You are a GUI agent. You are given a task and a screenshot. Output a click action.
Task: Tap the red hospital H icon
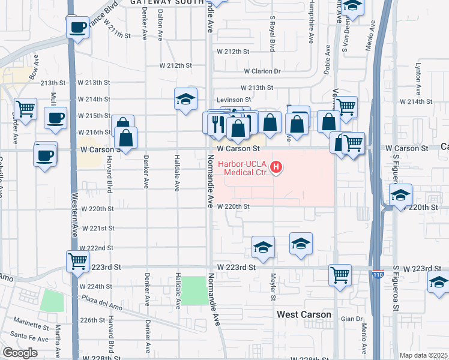tap(276, 167)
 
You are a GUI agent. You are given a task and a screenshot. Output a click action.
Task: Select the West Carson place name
tap(304, 314)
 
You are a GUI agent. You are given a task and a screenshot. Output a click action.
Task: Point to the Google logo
tap(20, 353)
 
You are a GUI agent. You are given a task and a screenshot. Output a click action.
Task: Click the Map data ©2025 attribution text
tap(423, 355)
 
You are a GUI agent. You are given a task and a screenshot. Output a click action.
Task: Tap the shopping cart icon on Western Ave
tap(77, 261)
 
